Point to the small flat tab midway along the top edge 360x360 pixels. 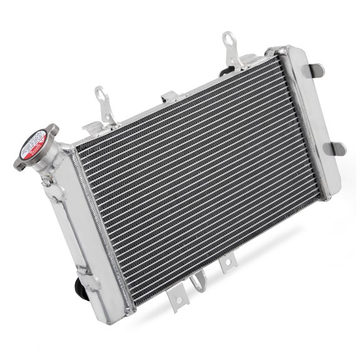coord(169,97)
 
